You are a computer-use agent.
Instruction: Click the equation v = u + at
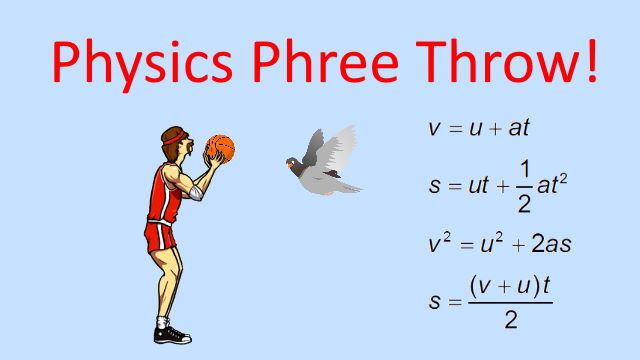[x=477, y=129]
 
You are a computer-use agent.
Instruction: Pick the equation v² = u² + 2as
[x=499, y=243]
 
